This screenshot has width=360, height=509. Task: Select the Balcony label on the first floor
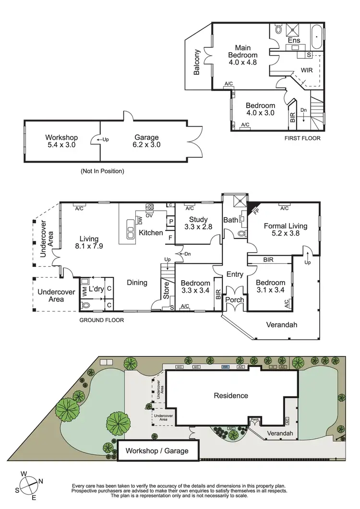coord(197,62)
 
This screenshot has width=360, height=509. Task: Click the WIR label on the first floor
coord(307,70)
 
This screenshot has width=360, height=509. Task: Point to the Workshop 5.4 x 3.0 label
coord(61,141)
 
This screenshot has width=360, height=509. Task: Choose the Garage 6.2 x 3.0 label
coord(146,141)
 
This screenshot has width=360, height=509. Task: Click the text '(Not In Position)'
coord(102,171)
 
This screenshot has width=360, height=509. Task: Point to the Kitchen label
coord(151,233)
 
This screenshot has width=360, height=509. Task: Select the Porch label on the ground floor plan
coord(235,300)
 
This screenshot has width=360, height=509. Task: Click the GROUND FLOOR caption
coord(102,320)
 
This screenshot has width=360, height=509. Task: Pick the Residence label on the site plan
coord(231,396)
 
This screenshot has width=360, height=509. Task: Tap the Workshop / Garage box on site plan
coord(156,451)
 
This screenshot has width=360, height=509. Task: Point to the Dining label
coord(137,283)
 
